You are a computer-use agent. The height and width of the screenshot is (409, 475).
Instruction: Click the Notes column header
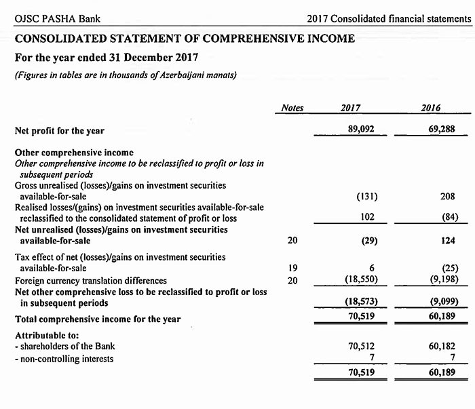[292, 109]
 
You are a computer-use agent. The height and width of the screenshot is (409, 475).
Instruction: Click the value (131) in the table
[366, 197]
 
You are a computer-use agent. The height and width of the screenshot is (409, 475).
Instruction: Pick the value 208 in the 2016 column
[447, 197]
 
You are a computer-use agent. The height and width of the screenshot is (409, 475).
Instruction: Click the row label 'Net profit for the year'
[60, 130]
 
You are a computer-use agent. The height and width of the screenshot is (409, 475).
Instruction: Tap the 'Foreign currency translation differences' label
[91, 280]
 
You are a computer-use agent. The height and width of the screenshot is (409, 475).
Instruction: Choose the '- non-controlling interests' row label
[64, 358]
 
